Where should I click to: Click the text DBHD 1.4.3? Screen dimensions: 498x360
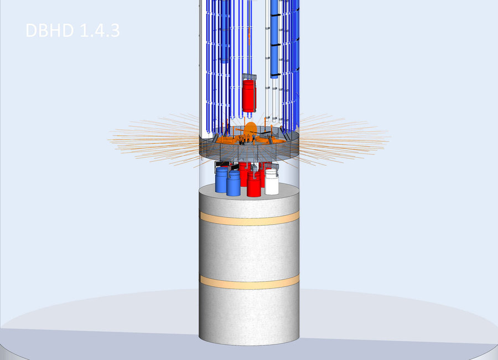pyautogui.click(x=72, y=30)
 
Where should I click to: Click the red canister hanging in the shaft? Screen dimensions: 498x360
pyautogui.click(x=249, y=96)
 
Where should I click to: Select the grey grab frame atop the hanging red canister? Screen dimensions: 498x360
pyautogui.click(x=249, y=77)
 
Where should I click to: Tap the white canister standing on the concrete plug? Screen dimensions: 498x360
pyautogui.click(x=272, y=182)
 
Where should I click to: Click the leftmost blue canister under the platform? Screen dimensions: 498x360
pyautogui.click(x=221, y=181)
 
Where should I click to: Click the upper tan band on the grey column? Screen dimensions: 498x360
pyautogui.click(x=250, y=218)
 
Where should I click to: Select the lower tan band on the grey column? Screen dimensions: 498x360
pyautogui.click(x=250, y=282)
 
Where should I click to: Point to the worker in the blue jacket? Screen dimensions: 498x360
pyautogui.click(x=254, y=138)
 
